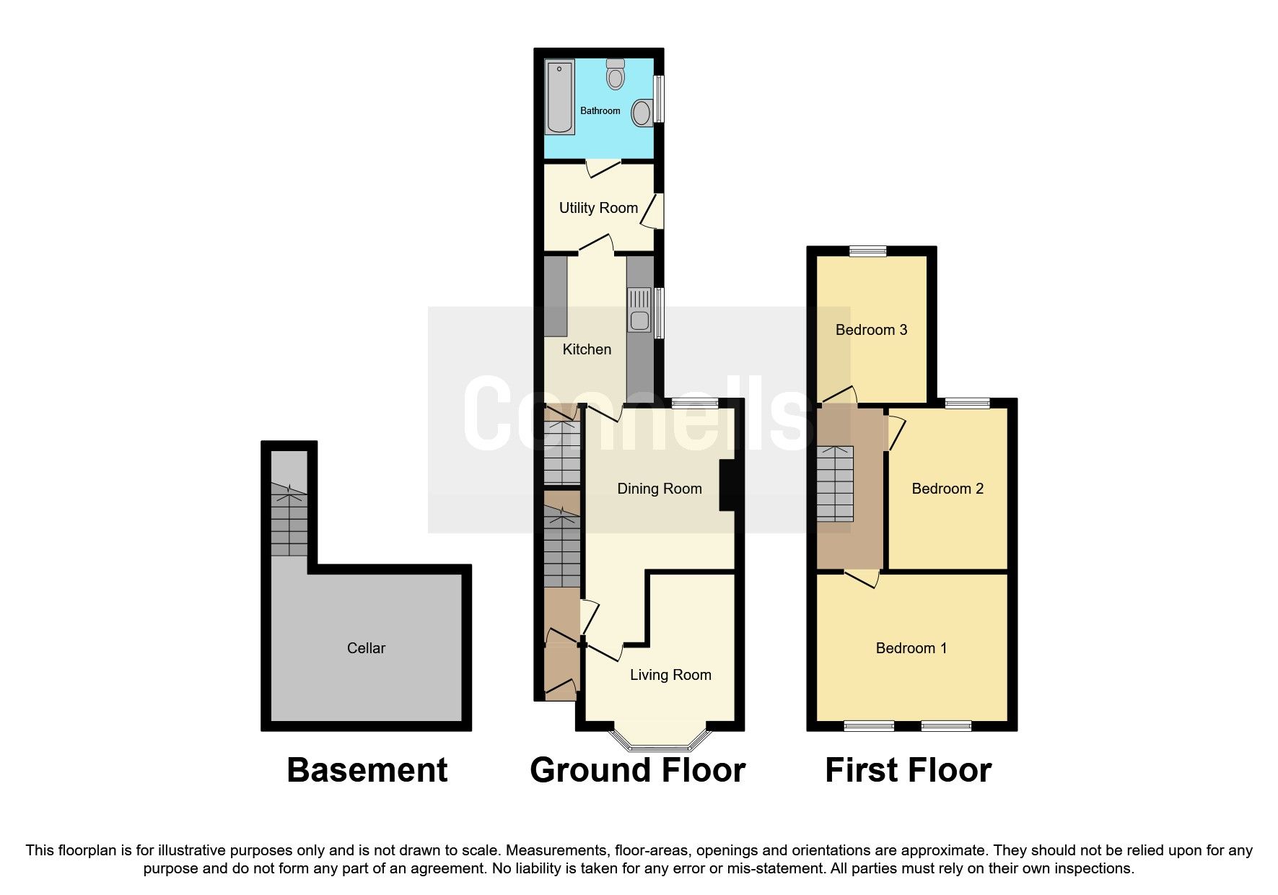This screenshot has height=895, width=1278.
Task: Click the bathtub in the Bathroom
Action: point(560,97)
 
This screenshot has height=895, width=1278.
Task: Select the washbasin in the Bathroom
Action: point(641,113)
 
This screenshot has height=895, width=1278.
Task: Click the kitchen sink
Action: point(639,310)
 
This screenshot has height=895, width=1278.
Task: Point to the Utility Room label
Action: point(598,208)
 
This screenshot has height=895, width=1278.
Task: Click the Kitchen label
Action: point(587,349)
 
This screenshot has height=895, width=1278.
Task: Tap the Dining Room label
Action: point(659,489)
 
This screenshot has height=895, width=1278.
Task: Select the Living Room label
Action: point(670,675)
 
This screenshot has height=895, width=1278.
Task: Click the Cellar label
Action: point(366,648)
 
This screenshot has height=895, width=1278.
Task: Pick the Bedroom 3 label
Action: point(871,330)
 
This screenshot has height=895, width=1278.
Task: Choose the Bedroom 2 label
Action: point(947,489)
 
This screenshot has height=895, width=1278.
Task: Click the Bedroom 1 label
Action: point(911,648)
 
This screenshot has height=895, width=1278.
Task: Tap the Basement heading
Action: point(367,770)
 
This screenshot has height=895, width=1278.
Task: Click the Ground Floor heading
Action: point(637,770)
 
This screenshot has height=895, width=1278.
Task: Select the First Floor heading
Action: point(908,770)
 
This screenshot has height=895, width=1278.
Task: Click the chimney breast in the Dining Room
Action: point(727,485)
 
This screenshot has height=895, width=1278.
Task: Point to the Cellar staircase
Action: point(289,519)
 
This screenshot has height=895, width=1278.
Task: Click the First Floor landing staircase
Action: point(835,484)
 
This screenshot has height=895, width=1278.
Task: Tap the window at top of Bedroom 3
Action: point(867,251)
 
